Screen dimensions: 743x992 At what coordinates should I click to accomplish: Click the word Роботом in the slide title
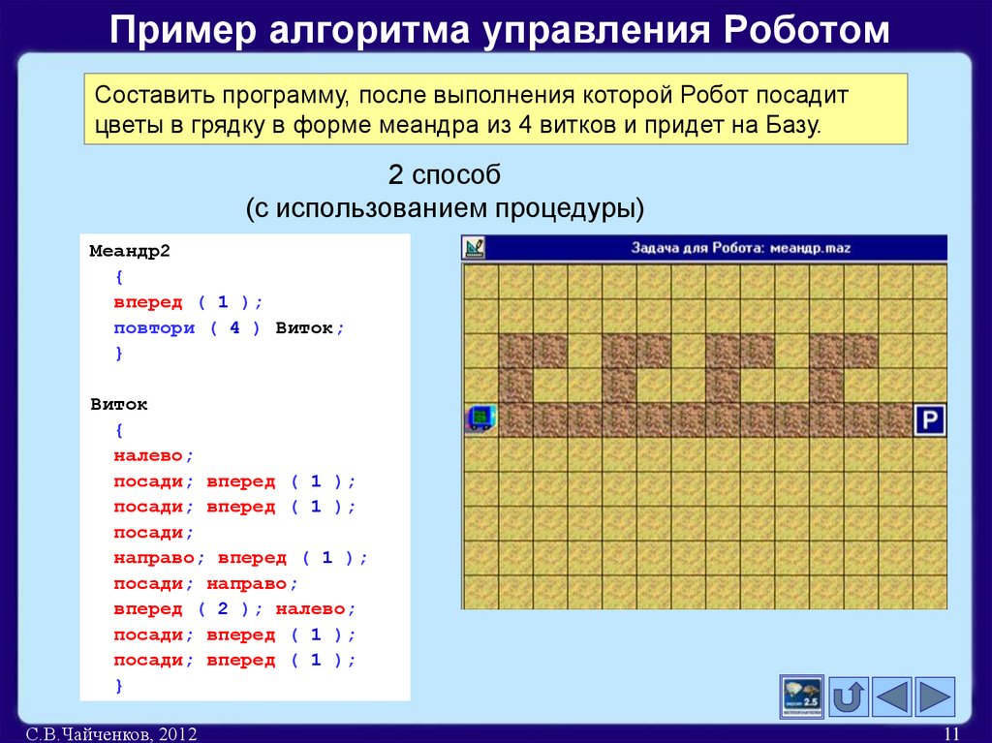pos(804,30)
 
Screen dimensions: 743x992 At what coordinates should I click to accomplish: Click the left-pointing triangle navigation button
pos(891,697)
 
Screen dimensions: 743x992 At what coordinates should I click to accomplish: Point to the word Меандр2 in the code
pos(130,251)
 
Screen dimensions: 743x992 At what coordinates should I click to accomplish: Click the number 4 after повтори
pos(233,327)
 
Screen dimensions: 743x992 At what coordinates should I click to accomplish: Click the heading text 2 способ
pos(444,175)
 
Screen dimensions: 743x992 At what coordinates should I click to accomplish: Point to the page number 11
pos(950,734)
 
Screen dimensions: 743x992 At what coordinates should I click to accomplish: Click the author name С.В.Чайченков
pos(83,734)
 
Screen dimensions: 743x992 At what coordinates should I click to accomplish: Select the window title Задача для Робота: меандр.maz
pos(741,248)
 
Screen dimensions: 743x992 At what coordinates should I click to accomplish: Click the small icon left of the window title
pos(474,248)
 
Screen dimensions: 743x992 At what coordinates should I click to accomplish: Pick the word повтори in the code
pos(154,327)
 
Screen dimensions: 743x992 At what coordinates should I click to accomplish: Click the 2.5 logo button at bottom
pos(801,697)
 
